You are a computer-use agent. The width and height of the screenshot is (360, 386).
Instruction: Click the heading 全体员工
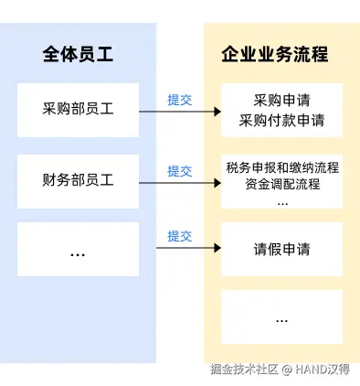click(x=78, y=55)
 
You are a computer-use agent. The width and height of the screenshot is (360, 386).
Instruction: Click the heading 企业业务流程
click(x=275, y=55)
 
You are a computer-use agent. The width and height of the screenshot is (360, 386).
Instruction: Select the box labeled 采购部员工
click(x=78, y=110)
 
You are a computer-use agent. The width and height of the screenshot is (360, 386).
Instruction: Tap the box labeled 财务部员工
click(x=78, y=181)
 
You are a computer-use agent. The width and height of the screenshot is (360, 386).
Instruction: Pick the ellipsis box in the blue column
click(x=78, y=249)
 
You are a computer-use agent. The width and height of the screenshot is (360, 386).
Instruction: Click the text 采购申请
click(x=281, y=101)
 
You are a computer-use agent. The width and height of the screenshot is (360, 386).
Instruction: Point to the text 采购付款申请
click(x=281, y=120)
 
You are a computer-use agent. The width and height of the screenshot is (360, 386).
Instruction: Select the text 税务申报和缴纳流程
click(x=282, y=167)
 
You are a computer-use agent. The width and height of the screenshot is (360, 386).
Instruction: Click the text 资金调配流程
click(x=282, y=184)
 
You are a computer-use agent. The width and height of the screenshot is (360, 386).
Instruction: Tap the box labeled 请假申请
click(x=282, y=249)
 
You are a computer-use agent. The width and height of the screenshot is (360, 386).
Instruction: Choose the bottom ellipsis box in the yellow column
click(x=282, y=317)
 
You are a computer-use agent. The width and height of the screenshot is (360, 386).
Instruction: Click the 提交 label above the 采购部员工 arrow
click(x=180, y=100)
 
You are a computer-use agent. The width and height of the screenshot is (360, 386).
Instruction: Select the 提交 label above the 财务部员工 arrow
click(x=180, y=171)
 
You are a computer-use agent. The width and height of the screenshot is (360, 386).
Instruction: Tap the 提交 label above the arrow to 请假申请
click(x=180, y=236)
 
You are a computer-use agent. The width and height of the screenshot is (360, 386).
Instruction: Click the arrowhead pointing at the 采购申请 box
click(x=217, y=112)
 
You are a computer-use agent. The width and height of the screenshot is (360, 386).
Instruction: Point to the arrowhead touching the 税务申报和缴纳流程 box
click(x=217, y=183)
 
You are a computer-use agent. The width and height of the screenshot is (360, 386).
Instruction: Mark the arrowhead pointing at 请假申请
click(x=217, y=248)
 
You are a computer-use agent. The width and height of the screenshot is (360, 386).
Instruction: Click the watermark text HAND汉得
click(x=323, y=370)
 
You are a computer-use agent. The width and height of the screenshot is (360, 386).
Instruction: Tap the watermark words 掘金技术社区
click(x=244, y=370)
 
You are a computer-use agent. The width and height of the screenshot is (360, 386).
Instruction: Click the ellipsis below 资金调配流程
click(x=282, y=203)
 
